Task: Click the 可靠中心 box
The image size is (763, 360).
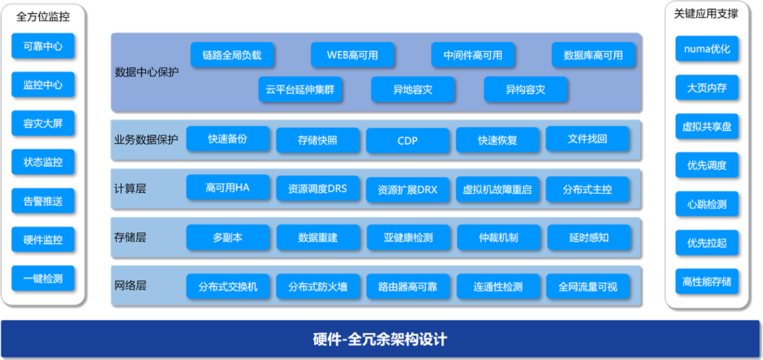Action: tap(43, 46)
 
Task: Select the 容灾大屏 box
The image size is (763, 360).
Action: tap(43, 124)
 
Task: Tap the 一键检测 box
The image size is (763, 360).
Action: tap(43, 279)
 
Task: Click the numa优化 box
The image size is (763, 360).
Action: tap(707, 49)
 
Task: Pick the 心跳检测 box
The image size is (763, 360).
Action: tap(707, 204)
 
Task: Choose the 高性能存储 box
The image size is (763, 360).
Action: tap(707, 281)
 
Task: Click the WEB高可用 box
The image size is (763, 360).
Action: tap(353, 55)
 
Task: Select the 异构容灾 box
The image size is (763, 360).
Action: tap(526, 89)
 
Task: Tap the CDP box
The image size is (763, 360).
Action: tap(408, 140)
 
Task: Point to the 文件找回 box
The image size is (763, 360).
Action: tap(587, 139)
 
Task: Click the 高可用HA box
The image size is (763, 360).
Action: tap(228, 188)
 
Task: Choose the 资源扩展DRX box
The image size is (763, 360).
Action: tap(408, 189)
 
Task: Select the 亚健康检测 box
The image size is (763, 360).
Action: tap(408, 238)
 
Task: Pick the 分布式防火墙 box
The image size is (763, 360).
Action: tap(318, 286)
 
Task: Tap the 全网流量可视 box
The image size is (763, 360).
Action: tap(587, 286)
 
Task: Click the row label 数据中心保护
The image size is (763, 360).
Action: tap(146, 73)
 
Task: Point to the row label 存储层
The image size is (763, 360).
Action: tap(130, 238)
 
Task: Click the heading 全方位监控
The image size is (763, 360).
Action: tap(43, 17)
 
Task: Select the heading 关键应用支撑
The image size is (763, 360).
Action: tap(706, 14)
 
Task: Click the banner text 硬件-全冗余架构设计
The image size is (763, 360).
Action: tap(379, 339)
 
